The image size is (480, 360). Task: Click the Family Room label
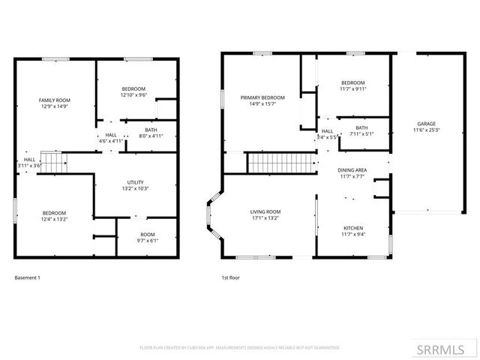(54, 100)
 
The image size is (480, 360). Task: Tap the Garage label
(426, 124)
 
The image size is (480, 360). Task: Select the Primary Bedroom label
(262, 97)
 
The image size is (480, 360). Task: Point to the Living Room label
(265, 211)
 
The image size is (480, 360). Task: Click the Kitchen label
(352, 227)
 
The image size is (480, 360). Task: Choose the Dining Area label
(352, 170)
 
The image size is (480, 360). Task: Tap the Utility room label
(135, 182)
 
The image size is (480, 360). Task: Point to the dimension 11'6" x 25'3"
(426, 130)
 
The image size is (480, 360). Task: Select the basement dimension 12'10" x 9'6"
(133, 95)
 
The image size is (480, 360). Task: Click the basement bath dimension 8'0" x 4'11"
(150, 136)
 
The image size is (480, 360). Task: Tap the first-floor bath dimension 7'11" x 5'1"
(361, 134)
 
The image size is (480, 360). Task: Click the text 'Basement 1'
(27, 278)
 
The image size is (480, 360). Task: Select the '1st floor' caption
(229, 278)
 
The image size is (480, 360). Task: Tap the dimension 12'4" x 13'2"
(53, 219)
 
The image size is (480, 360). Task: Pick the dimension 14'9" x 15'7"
(262, 104)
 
